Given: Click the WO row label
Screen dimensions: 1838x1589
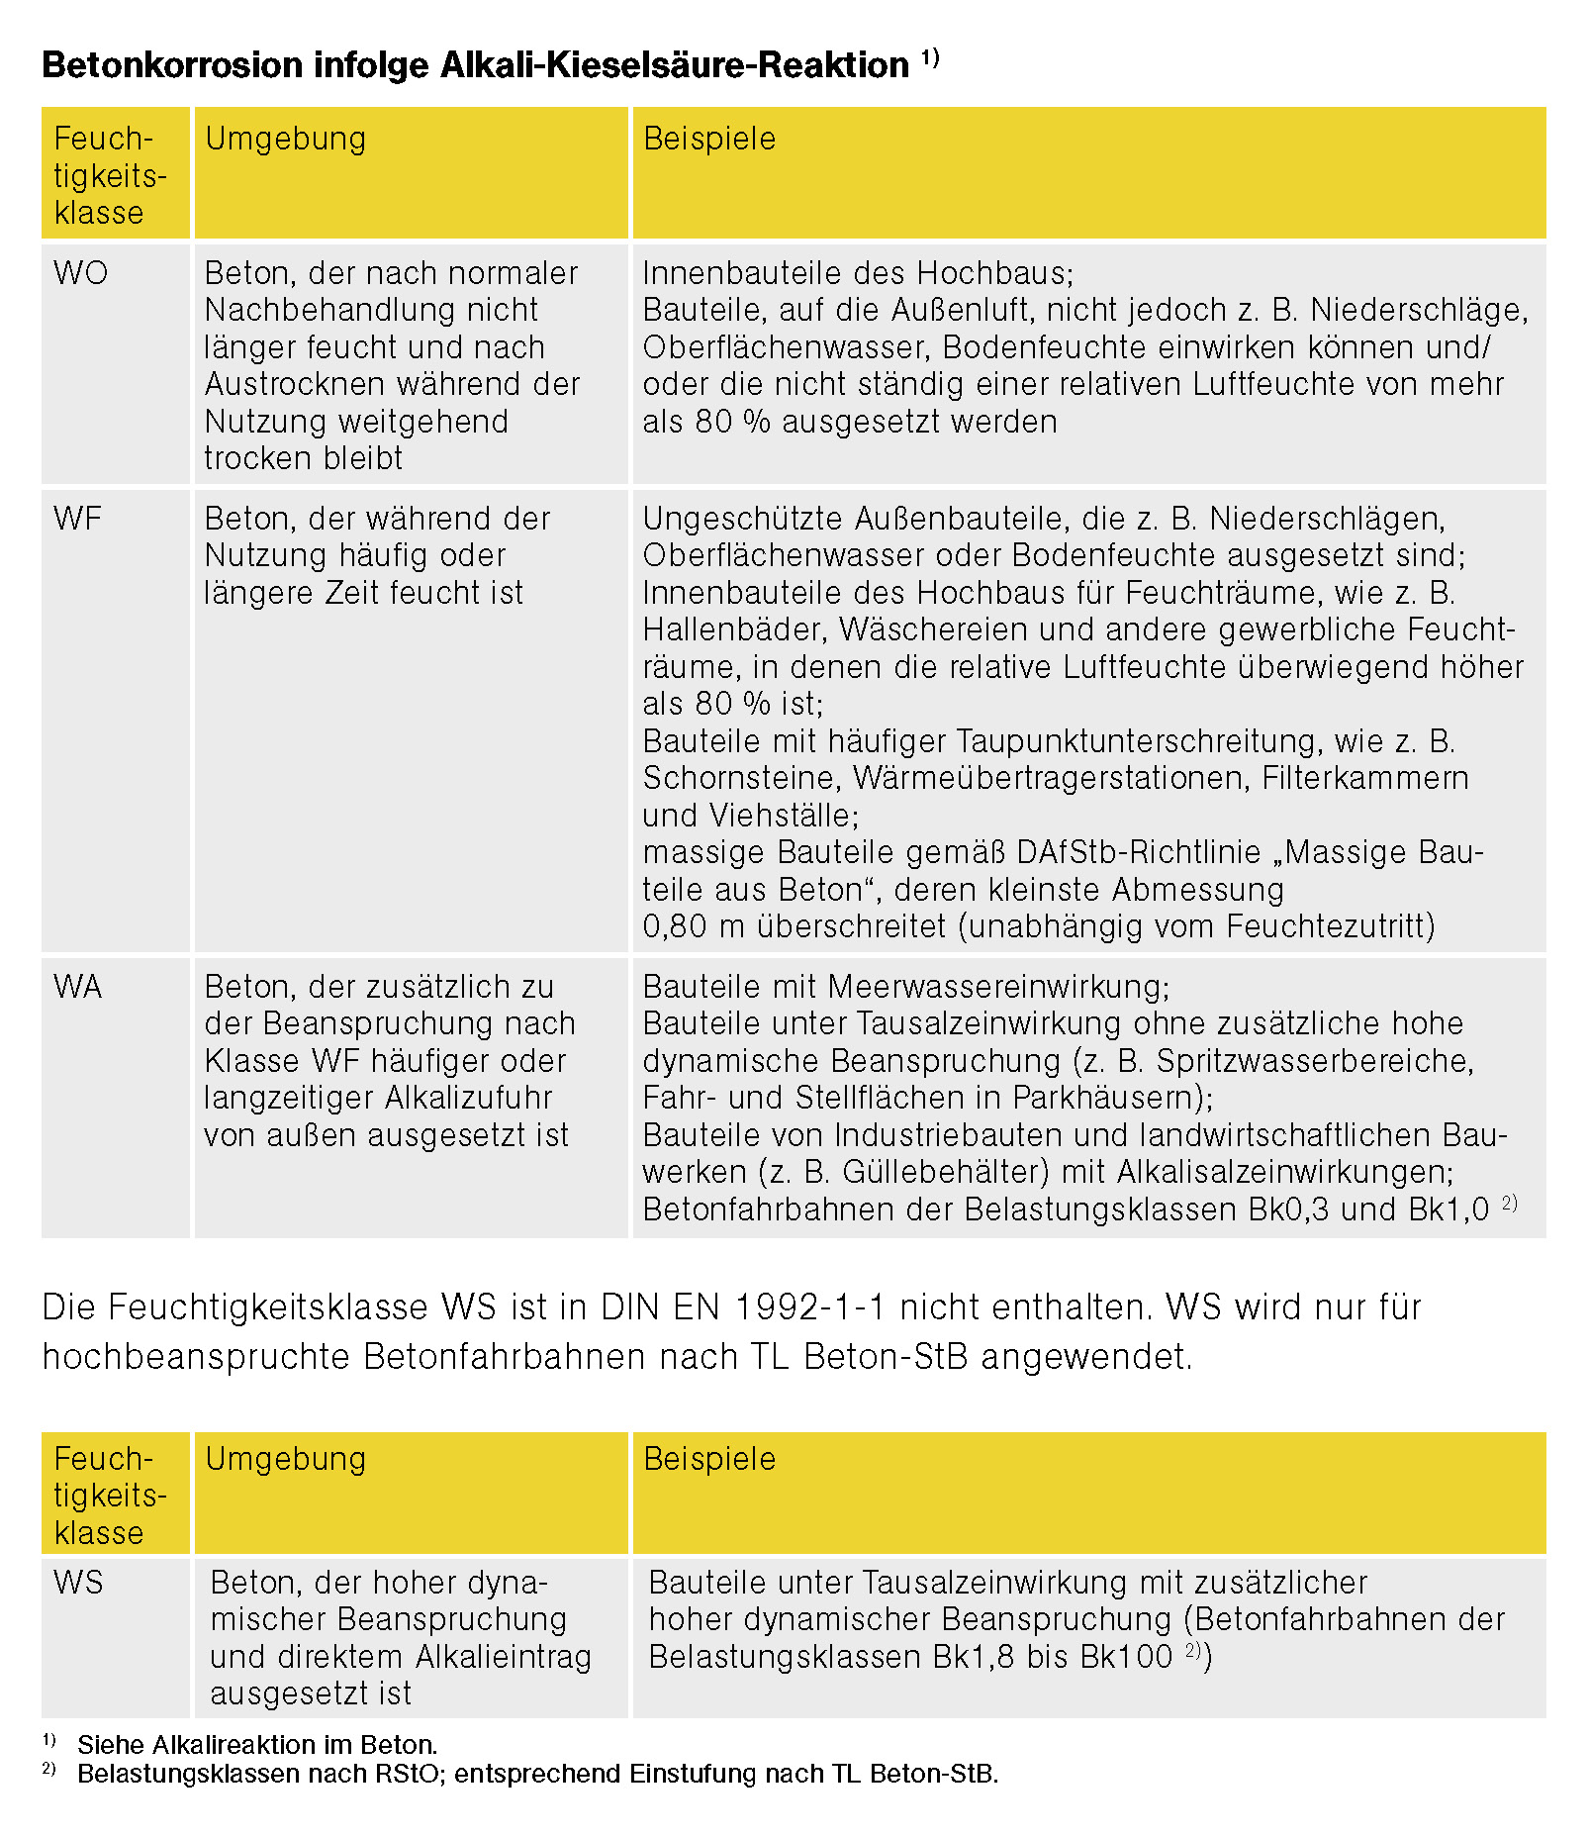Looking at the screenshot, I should tap(81, 273).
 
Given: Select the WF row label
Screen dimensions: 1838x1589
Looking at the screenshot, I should tap(78, 519).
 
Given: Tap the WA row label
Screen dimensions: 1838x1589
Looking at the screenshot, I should tap(78, 987).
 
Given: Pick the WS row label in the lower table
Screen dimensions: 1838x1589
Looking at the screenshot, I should tap(78, 1582).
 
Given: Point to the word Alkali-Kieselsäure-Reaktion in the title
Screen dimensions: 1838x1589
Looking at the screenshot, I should tap(675, 65).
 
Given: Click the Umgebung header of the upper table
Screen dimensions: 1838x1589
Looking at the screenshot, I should tap(286, 139).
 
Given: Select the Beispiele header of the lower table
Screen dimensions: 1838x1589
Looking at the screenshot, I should tap(709, 1459).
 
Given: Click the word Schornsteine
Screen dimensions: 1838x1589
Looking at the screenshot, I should tap(741, 778).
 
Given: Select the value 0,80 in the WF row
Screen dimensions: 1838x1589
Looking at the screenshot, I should tap(675, 926).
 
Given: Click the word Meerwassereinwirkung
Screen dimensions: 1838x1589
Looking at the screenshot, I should tap(999, 987).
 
